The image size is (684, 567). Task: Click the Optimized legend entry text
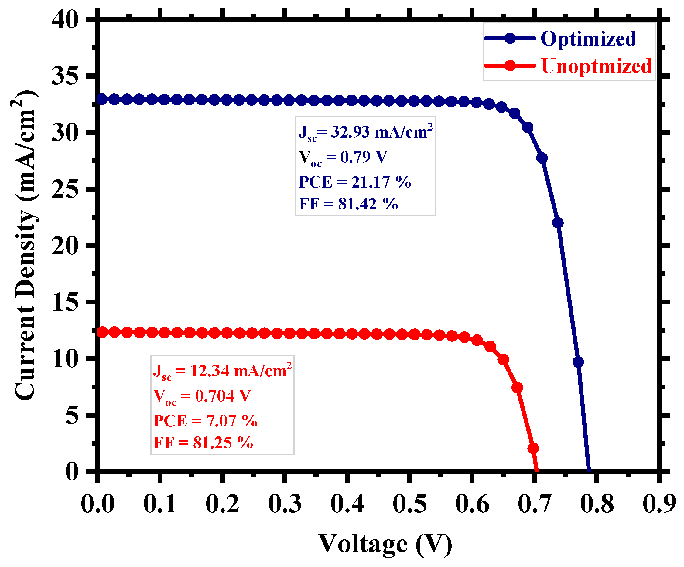588,39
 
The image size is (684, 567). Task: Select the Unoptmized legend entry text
596,66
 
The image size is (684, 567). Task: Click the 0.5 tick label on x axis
410,504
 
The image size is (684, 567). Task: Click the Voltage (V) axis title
385,544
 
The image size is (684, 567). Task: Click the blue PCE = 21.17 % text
355,182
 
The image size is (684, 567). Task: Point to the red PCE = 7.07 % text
206,421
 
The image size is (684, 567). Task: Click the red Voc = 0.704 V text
202,396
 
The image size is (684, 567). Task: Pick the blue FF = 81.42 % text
348,204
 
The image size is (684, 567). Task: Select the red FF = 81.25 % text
203,443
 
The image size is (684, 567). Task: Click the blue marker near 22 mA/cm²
558,223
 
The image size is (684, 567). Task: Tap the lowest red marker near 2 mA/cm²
533,449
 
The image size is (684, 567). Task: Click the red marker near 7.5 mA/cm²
517,388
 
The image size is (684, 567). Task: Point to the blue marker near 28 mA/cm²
542,158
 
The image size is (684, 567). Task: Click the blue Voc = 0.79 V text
343,157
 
